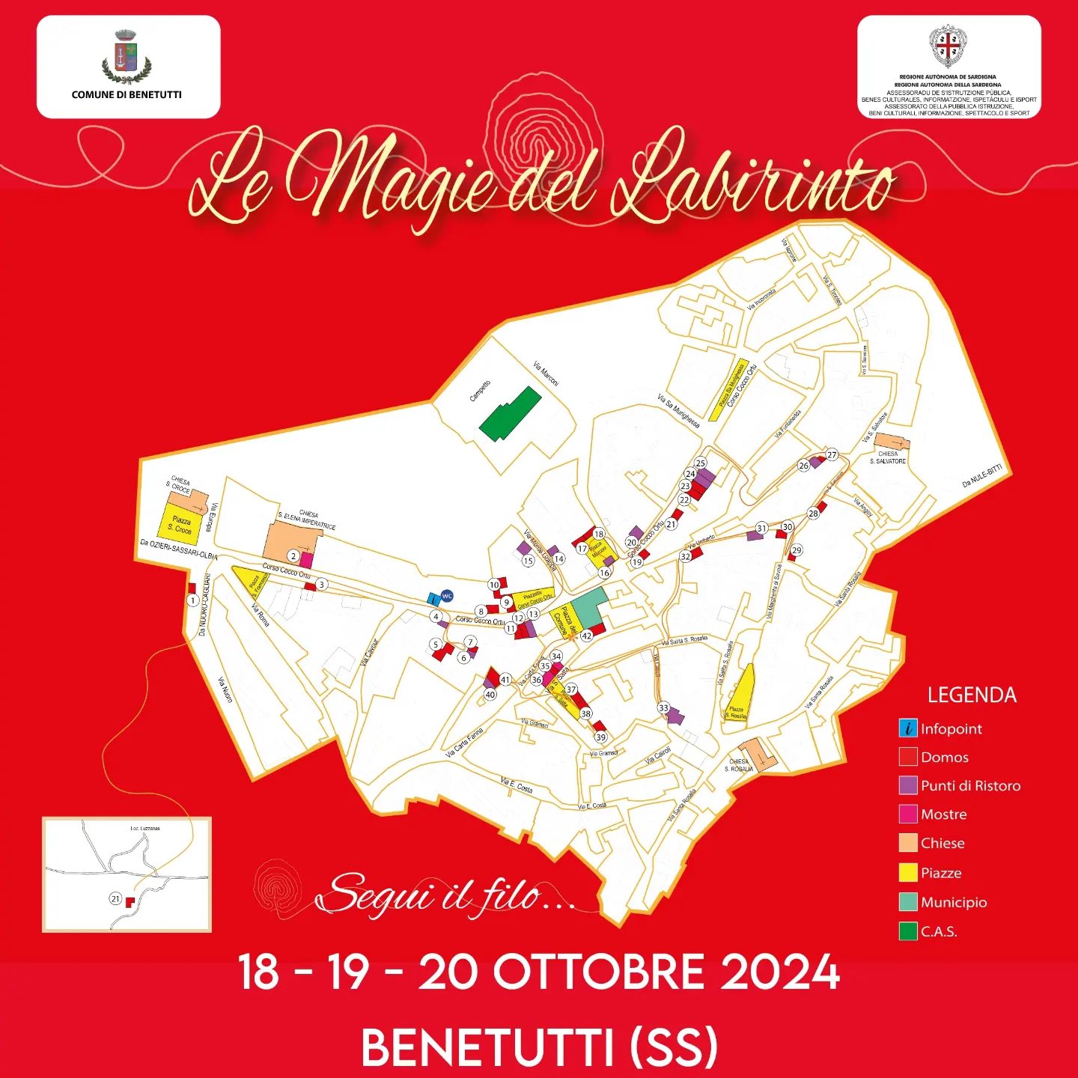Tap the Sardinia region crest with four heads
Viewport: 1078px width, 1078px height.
pyautogui.click(x=948, y=46)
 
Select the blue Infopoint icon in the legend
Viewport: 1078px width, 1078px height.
pyautogui.click(x=908, y=728)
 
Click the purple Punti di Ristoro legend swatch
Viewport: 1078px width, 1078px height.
pyautogui.click(x=908, y=785)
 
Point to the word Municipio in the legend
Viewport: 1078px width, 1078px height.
pyautogui.click(x=953, y=902)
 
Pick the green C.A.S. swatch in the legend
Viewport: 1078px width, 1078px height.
pyautogui.click(x=908, y=931)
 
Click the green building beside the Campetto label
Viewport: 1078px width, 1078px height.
pyautogui.click(x=511, y=412)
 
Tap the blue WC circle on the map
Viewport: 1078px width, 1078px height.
pyautogui.click(x=447, y=596)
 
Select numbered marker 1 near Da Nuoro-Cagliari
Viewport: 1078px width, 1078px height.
pyautogui.click(x=193, y=600)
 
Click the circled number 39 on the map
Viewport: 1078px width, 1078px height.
pyautogui.click(x=601, y=737)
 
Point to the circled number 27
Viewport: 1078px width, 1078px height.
pyautogui.click(x=832, y=455)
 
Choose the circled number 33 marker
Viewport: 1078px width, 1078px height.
pyautogui.click(x=663, y=707)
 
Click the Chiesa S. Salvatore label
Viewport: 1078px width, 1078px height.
pyautogui.click(x=888, y=457)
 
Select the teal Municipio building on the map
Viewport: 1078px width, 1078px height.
pyautogui.click(x=589, y=607)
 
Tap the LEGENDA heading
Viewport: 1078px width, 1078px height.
pyautogui.click(x=972, y=695)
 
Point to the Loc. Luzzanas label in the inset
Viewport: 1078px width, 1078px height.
pyautogui.click(x=145, y=829)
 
